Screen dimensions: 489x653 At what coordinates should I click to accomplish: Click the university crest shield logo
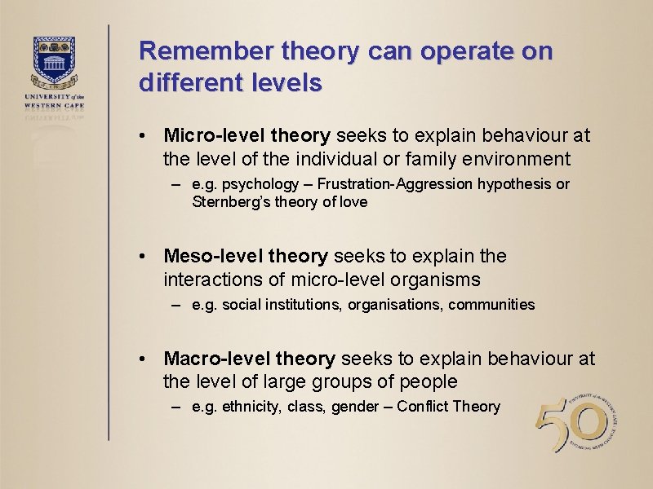pyautogui.click(x=55, y=59)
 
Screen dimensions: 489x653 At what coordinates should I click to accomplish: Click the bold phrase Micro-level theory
pyautogui.click(x=247, y=134)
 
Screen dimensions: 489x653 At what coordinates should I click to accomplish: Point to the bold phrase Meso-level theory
pyautogui.click(x=246, y=257)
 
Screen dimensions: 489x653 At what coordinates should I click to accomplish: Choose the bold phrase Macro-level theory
pyautogui.click(x=249, y=359)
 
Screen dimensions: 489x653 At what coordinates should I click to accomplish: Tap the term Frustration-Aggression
pyautogui.click(x=397, y=184)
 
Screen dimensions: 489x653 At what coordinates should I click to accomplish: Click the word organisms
pyautogui.click(x=440, y=280)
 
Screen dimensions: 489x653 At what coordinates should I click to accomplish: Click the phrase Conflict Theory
pyautogui.click(x=448, y=406)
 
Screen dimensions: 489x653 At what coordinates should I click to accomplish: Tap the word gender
pyautogui.click(x=355, y=406)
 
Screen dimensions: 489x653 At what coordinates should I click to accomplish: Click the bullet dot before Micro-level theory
pyautogui.click(x=143, y=135)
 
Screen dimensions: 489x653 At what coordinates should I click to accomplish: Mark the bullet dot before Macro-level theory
pyautogui.click(x=143, y=359)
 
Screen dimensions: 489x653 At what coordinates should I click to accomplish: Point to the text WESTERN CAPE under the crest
pyautogui.click(x=55, y=105)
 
